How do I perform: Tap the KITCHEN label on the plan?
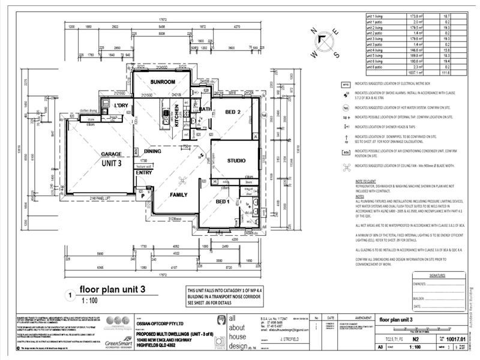point(176,112)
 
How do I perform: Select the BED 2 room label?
point(233,112)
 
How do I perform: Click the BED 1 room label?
point(224,202)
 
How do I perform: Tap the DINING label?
point(152,151)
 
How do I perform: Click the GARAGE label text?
point(111,154)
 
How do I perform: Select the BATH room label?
point(205,109)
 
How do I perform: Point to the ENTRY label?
point(144,172)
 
